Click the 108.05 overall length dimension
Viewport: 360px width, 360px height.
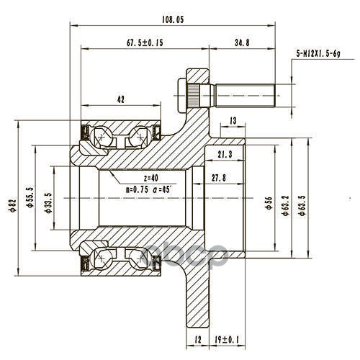[x=173, y=19]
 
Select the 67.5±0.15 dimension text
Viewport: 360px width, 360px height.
[x=145, y=42]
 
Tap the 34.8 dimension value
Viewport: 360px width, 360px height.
[x=242, y=42]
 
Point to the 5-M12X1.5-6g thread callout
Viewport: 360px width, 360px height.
[x=318, y=53]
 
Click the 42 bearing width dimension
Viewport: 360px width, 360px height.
[x=121, y=99]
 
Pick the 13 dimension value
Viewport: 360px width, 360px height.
[x=233, y=121]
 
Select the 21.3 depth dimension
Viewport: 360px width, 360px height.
[x=225, y=154]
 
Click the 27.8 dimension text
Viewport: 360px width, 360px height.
[x=219, y=178]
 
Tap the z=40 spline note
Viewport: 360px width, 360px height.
[x=151, y=178]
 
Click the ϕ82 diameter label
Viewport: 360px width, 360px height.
[x=13, y=205]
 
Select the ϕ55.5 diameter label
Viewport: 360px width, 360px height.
[x=30, y=197]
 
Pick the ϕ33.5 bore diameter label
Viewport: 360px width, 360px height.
[x=48, y=203]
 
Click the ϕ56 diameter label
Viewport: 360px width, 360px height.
[x=269, y=203]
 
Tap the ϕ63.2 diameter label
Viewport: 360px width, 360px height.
[x=286, y=206]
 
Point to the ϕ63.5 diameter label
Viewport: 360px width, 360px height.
[x=302, y=206]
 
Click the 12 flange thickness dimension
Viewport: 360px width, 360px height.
[x=198, y=340]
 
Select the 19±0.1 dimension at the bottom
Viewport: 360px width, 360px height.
[x=227, y=340]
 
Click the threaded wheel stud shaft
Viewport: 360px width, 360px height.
[x=245, y=96]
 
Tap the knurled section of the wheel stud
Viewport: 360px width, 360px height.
[x=193, y=96]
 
